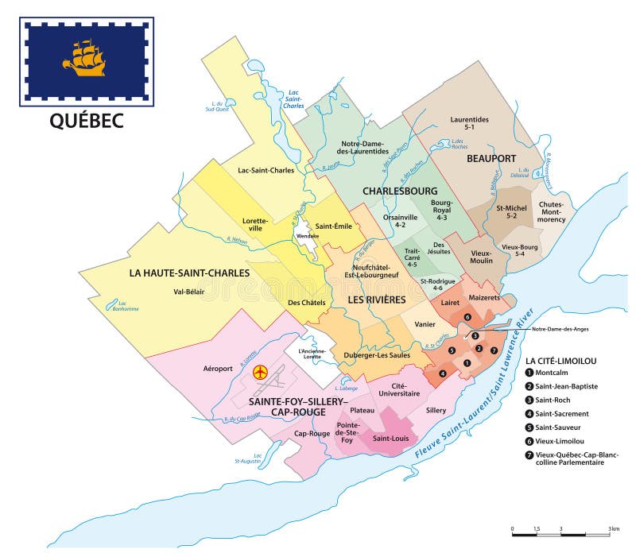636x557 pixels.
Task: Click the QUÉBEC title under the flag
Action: click(x=87, y=120)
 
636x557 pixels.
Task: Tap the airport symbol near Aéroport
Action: click(x=259, y=372)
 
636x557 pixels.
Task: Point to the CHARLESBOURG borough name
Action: click(x=401, y=191)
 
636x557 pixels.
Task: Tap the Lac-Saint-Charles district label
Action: click(x=266, y=170)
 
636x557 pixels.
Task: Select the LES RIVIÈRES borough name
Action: click(x=375, y=300)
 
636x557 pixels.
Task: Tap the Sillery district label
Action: click(x=436, y=411)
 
